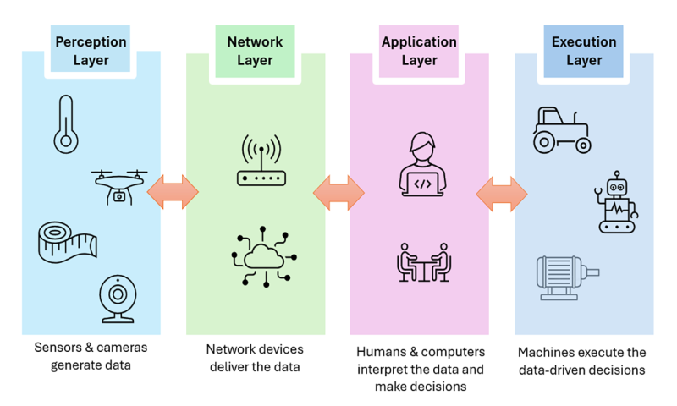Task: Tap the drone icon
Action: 119,185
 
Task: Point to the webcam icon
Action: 116,299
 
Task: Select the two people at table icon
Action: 422,262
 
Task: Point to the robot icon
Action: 618,203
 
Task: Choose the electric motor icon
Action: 568,278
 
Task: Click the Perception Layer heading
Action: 91,50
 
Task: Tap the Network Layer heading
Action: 255,50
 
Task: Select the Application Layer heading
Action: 420,50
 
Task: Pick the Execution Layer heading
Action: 583,50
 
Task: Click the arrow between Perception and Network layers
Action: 173,193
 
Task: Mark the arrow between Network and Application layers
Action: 338,193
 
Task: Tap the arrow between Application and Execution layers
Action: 502,193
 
